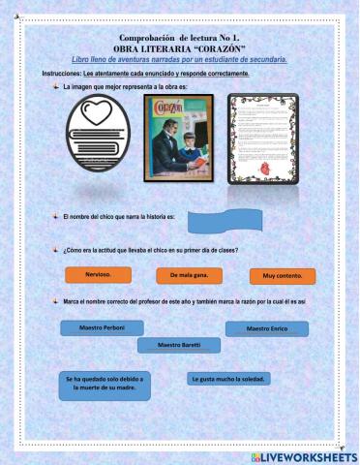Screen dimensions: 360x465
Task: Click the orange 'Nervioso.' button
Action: (x=98, y=274)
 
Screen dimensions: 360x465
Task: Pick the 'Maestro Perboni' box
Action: (x=102, y=327)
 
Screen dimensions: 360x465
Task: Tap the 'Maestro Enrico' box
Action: (x=266, y=328)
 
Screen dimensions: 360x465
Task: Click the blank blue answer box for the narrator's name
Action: (x=224, y=223)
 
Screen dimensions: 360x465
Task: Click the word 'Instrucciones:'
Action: (x=62, y=74)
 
